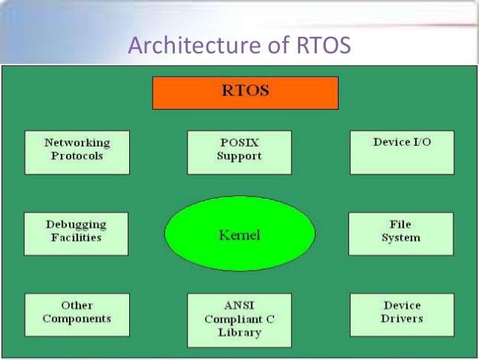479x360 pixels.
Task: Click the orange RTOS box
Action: pyautogui.click(x=246, y=93)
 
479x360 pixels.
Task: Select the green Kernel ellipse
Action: pyautogui.click(x=239, y=234)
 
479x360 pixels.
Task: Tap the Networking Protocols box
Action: pyautogui.click(x=77, y=153)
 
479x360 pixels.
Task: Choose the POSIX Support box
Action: pyautogui.click(x=239, y=153)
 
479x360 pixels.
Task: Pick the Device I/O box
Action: pyautogui.click(x=402, y=153)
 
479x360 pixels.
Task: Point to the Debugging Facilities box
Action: pyautogui.click(x=76, y=234)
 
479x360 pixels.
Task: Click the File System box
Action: pyautogui.click(x=401, y=234)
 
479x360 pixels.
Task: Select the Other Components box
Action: pyautogui.click(x=77, y=315)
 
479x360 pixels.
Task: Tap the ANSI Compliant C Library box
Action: pyautogui.click(x=239, y=320)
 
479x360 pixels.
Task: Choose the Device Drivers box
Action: pyautogui.click(x=402, y=315)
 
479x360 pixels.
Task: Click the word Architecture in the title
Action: pyautogui.click(x=194, y=45)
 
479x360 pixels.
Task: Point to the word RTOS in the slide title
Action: pyautogui.click(x=324, y=45)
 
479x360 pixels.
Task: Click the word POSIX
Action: pyautogui.click(x=239, y=143)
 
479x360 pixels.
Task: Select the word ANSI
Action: pyautogui.click(x=239, y=305)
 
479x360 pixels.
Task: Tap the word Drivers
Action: pyautogui.click(x=402, y=319)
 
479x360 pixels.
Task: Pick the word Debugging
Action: pyautogui.click(x=76, y=225)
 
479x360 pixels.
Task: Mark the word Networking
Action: pyautogui.click(x=77, y=143)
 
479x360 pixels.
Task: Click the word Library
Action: pyautogui.click(x=239, y=333)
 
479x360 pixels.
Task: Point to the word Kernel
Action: pyautogui.click(x=239, y=235)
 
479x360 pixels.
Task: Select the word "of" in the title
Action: pyautogui.click(x=279, y=45)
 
